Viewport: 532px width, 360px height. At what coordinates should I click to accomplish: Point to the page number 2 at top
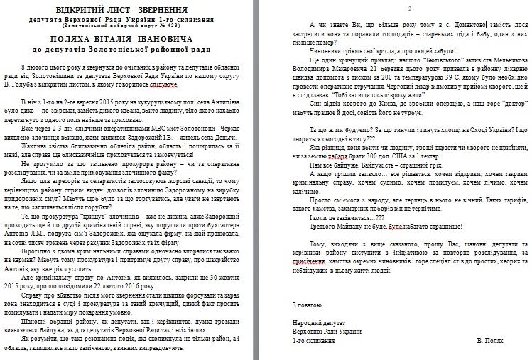pos(409,8)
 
